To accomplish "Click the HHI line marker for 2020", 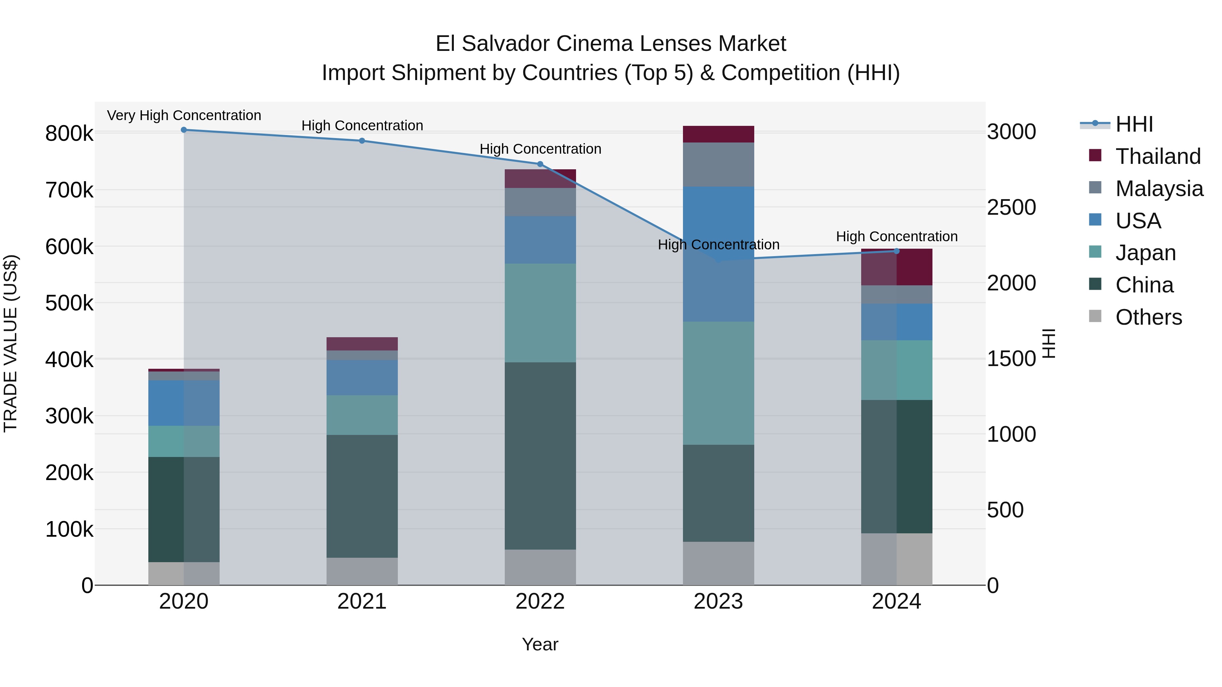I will click(x=184, y=130).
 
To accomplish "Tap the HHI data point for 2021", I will click(x=362, y=141).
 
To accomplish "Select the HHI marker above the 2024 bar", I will click(x=896, y=251).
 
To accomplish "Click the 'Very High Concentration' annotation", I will click(x=184, y=115).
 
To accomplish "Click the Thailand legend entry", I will click(x=1158, y=156).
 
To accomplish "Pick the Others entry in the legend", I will click(x=1148, y=317).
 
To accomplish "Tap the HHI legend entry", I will click(x=1134, y=124).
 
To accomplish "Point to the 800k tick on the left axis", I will click(x=69, y=134).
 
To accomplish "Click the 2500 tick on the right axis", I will click(x=1012, y=208).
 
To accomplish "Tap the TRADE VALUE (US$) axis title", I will click(x=11, y=343).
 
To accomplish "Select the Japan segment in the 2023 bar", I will click(x=718, y=383).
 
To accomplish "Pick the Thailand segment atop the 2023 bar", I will click(x=718, y=134).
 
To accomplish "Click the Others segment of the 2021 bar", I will click(x=362, y=571).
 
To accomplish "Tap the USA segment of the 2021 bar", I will click(x=362, y=377).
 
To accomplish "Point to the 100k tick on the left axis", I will click(x=69, y=529).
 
